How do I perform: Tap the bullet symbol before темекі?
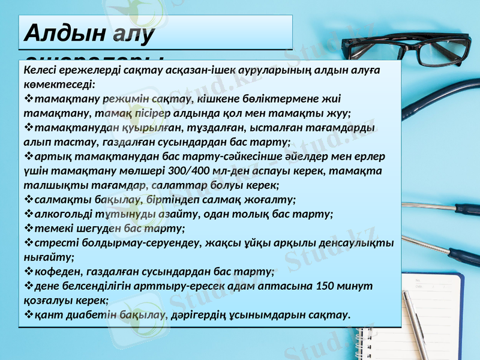(28, 229)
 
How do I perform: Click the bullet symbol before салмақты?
(28, 200)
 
